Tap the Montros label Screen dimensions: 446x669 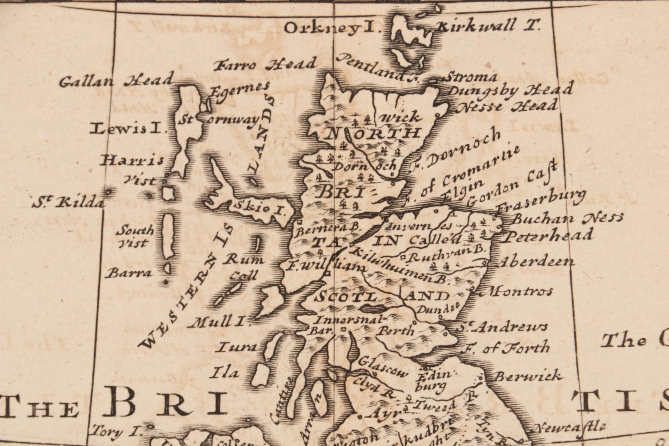pos(520,291)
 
